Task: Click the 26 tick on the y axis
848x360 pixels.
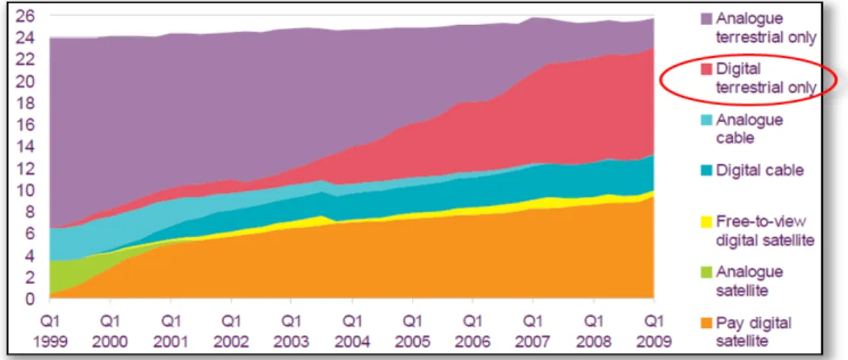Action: coord(28,17)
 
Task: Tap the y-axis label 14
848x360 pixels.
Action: coord(28,147)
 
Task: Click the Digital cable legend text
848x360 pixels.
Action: coord(760,171)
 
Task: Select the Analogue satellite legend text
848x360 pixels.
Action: coord(749,280)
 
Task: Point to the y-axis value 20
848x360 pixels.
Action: coord(28,81)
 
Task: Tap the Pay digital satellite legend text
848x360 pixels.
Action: coord(754,332)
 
